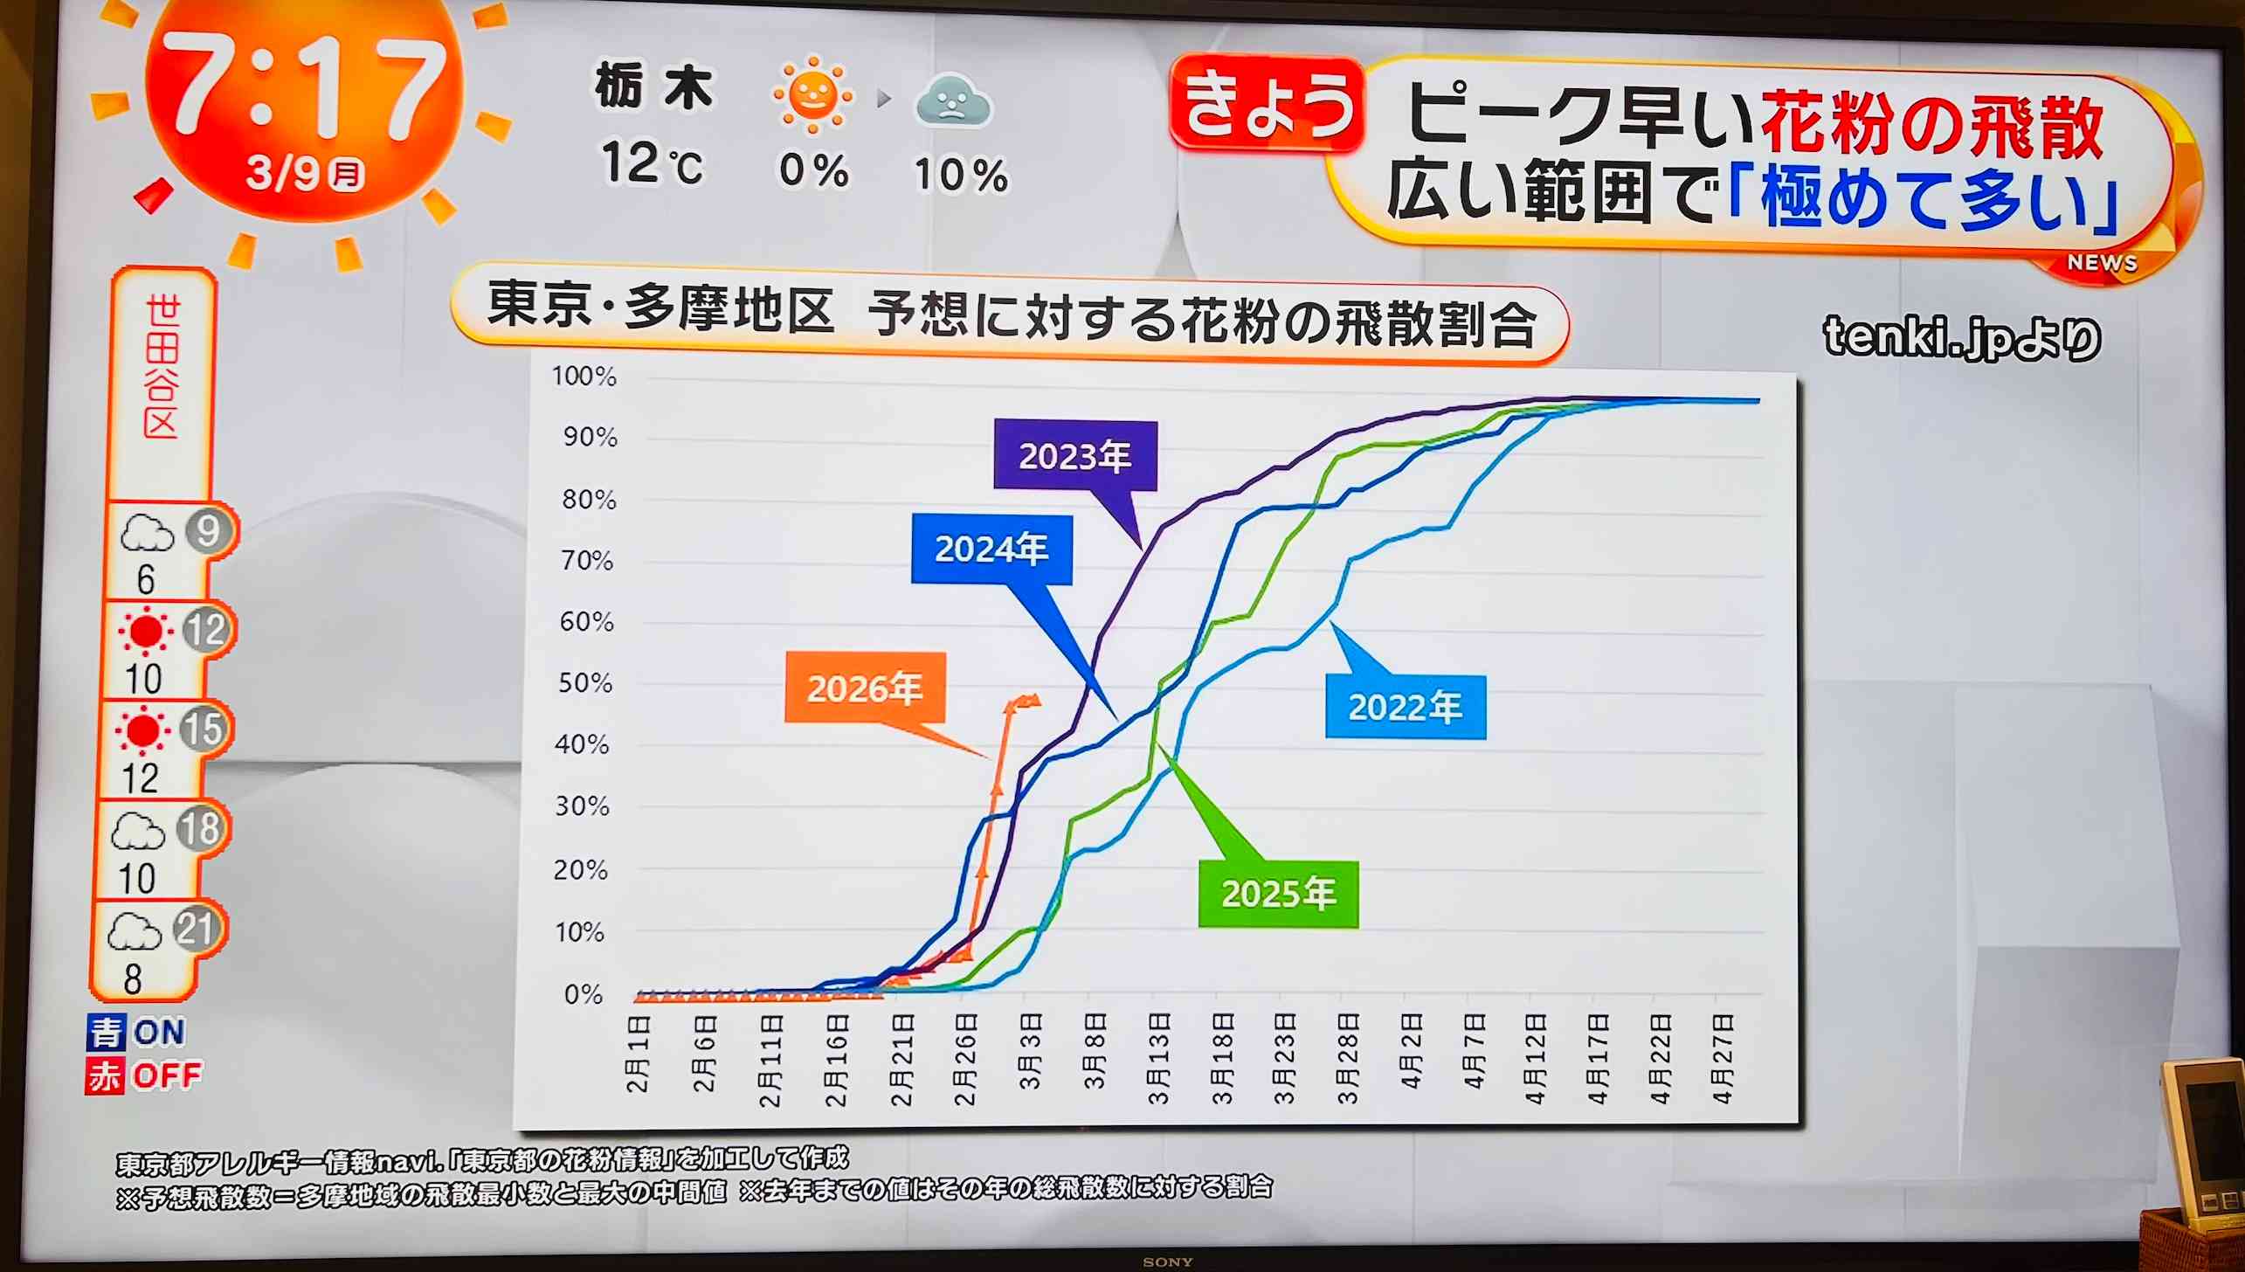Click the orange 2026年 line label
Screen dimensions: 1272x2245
click(x=864, y=688)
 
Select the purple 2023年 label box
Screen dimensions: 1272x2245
click(x=1074, y=456)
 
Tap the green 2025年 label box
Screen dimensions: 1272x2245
click(x=1278, y=893)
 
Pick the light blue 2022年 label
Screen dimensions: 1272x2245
click(x=1405, y=707)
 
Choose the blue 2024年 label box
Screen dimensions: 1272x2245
click(x=991, y=550)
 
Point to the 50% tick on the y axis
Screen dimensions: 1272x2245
click(x=585, y=682)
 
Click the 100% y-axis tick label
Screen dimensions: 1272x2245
click(x=584, y=377)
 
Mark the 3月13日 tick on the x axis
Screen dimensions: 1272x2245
click(x=1158, y=1058)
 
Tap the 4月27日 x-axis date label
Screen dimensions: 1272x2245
click(x=1722, y=1058)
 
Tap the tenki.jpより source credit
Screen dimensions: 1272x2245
click(x=1961, y=338)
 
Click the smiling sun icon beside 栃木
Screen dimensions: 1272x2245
click(x=812, y=94)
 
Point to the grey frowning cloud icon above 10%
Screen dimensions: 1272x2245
click(x=952, y=102)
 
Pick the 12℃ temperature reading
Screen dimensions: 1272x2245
click(x=652, y=164)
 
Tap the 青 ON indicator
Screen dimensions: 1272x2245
click(x=136, y=1033)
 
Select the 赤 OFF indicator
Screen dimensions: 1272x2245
click(x=143, y=1075)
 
